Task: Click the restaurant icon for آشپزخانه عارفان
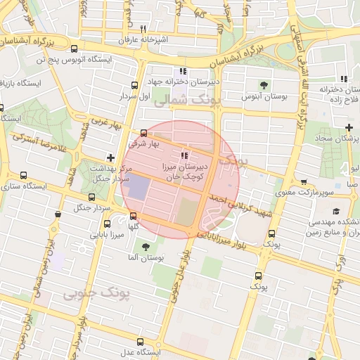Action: (143, 29)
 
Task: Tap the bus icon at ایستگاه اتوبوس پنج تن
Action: (75, 49)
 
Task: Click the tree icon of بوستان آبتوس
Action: (264, 85)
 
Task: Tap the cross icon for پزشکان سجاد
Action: (349, 127)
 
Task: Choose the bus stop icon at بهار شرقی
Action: (144, 133)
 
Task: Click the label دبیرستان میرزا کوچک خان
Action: (184, 169)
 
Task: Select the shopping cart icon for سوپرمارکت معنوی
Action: (303, 181)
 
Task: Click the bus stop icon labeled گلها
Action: (133, 216)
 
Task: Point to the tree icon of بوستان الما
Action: (145, 247)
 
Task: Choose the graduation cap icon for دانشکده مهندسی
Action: (336, 212)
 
